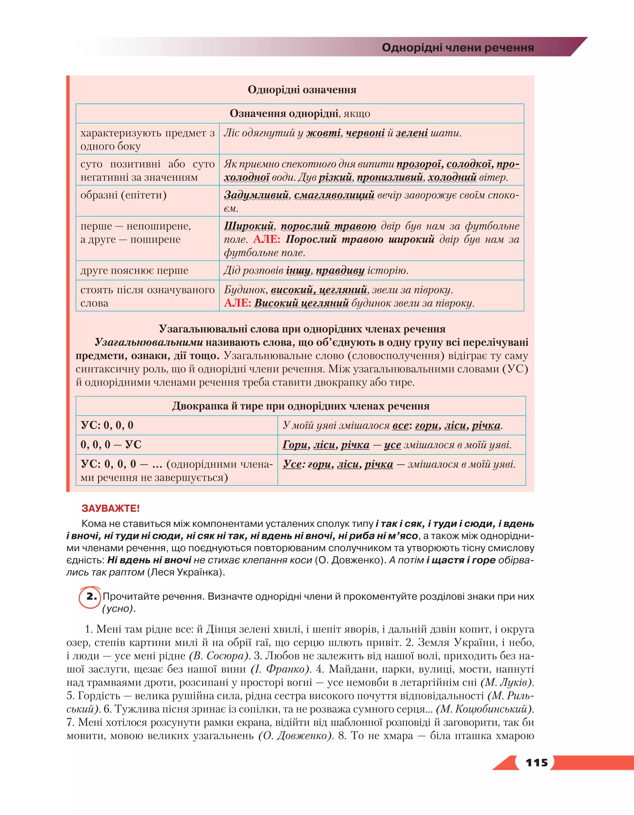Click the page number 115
pyautogui.click(x=536, y=762)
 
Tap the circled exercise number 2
pyautogui.click(x=91, y=597)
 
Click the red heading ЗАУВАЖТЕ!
pyautogui.click(x=111, y=508)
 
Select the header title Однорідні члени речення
pyautogui.click(x=458, y=47)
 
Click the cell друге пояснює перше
pyautogui.click(x=134, y=270)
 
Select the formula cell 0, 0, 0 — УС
pyautogui.click(x=111, y=444)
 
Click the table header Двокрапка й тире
pyautogui.click(x=300, y=406)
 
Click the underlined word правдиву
pyautogui.click(x=340, y=270)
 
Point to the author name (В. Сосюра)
pyautogui.click(x=219, y=656)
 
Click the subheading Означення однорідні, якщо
pyautogui.click(x=300, y=113)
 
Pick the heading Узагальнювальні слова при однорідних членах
pyautogui.click(x=302, y=329)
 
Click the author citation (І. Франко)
pyautogui.click(x=280, y=669)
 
